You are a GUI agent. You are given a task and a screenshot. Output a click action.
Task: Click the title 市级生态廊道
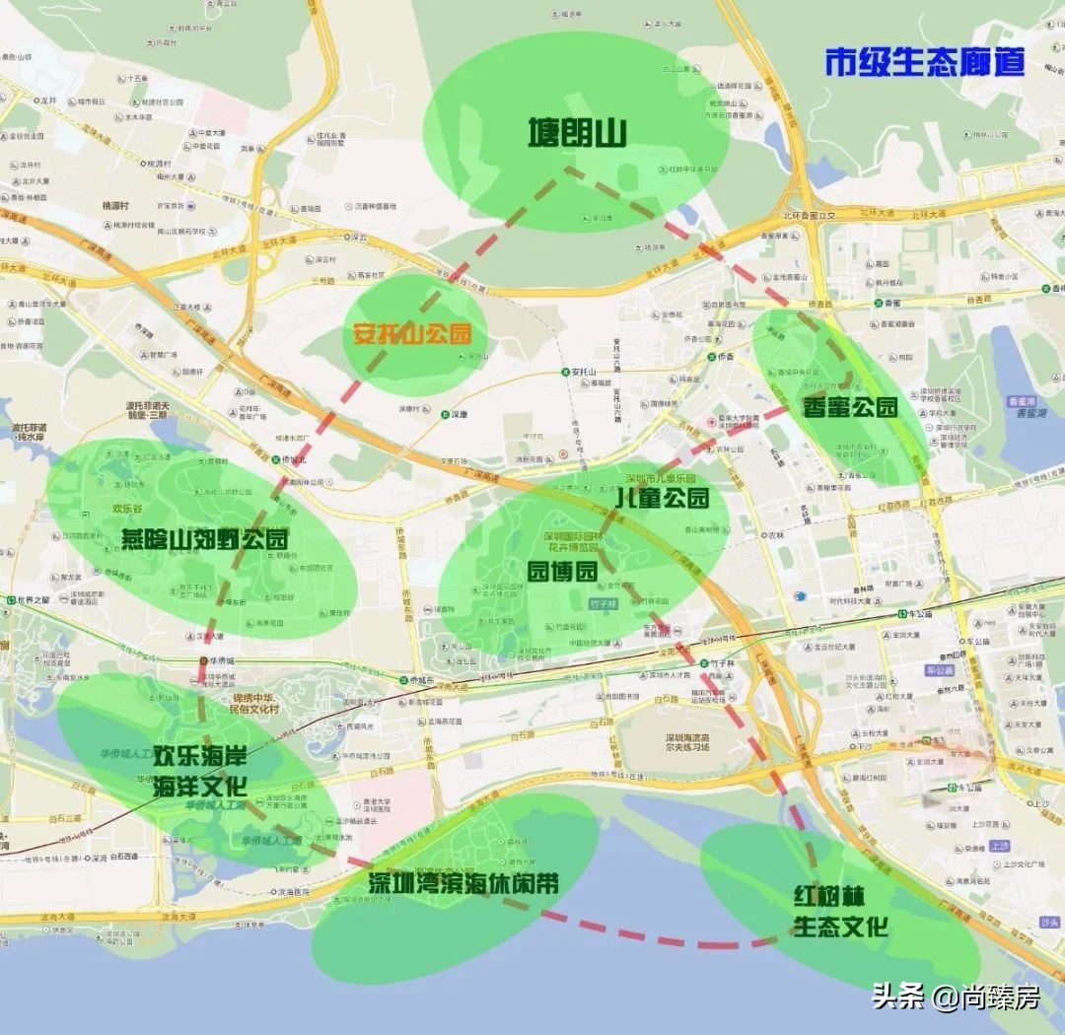click(x=925, y=61)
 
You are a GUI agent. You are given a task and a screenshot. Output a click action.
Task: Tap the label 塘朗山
click(x=577, y=131)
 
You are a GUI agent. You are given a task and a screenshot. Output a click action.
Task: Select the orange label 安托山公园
click(x=412, y=333)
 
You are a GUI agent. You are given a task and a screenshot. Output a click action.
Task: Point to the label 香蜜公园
click(x=850, y=406)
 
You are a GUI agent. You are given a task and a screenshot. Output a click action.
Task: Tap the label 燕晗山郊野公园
click(x=204, y=539)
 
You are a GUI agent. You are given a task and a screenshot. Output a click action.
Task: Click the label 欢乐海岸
click(x=199, y=759)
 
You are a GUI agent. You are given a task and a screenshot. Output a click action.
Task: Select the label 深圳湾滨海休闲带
click(x=463, y=882)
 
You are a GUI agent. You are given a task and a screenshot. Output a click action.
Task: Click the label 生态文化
click(x=840, y=928)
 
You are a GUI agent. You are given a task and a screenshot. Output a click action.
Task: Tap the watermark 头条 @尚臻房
click(x=955, y=998)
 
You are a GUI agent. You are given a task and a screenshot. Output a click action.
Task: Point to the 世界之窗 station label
click(x=28, y=599)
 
